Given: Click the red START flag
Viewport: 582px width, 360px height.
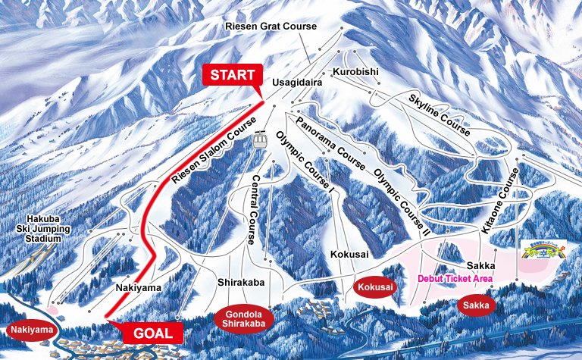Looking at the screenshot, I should [x=231, y=76].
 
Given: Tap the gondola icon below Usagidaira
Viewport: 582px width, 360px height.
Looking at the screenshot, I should [x=260, y=139].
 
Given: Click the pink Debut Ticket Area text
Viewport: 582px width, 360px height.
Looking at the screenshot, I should [x=455, y=279].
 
